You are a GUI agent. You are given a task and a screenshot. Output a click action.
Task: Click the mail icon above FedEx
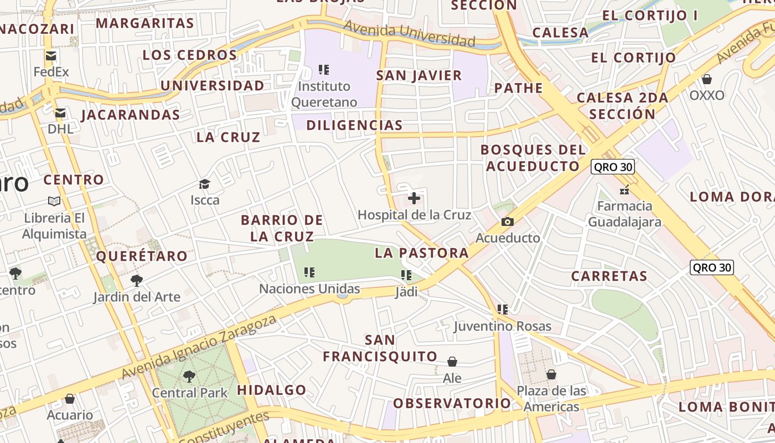click(51, 55)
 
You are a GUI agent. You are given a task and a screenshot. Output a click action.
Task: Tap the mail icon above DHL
click(60, 113)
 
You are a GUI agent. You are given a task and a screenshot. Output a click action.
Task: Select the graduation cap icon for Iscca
click(205, 184)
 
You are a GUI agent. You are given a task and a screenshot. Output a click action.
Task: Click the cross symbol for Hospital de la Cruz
click(414, 198)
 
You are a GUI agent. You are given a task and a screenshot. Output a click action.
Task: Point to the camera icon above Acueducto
click(507, 222)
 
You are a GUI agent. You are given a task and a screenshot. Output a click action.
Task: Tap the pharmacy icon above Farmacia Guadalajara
click(624, 190)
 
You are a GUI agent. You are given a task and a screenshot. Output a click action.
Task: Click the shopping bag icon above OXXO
click(706, 79)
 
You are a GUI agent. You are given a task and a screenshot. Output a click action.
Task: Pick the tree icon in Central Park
click(189, 377)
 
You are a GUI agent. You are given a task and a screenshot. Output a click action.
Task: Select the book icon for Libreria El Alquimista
click(54, 201)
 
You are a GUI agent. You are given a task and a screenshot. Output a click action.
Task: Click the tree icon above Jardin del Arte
click(137, 281)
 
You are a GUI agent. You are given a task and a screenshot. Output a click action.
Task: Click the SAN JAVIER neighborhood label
click(419, 76)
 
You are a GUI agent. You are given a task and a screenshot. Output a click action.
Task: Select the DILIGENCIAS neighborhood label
click(354, 125)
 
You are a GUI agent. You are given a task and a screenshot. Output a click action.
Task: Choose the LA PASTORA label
click(422, 253)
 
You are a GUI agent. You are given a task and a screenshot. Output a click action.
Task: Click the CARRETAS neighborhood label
click(609, 276)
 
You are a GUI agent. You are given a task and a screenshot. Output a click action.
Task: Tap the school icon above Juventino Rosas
click(503, 310)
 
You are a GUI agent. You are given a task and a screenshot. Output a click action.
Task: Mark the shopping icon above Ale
click(452, 362)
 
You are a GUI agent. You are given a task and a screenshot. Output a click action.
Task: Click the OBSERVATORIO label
click(452, 403)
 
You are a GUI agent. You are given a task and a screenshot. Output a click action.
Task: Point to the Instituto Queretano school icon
click(324, 70)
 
